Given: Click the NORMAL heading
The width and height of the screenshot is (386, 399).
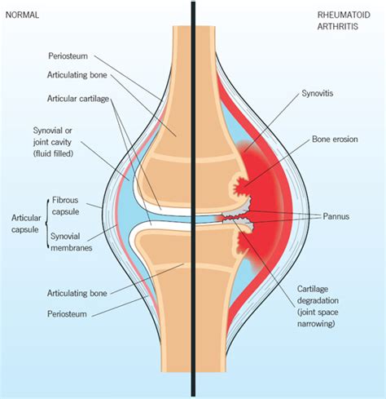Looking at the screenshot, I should pyautogui.click(x=23, y=16).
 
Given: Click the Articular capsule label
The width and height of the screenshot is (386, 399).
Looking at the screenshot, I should pyautogui.click(x=22, y=224).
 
